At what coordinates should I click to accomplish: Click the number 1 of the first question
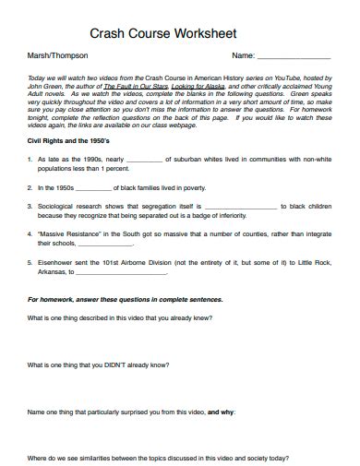tap(30, 159)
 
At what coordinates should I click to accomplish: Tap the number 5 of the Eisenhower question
tap(30, 263)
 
